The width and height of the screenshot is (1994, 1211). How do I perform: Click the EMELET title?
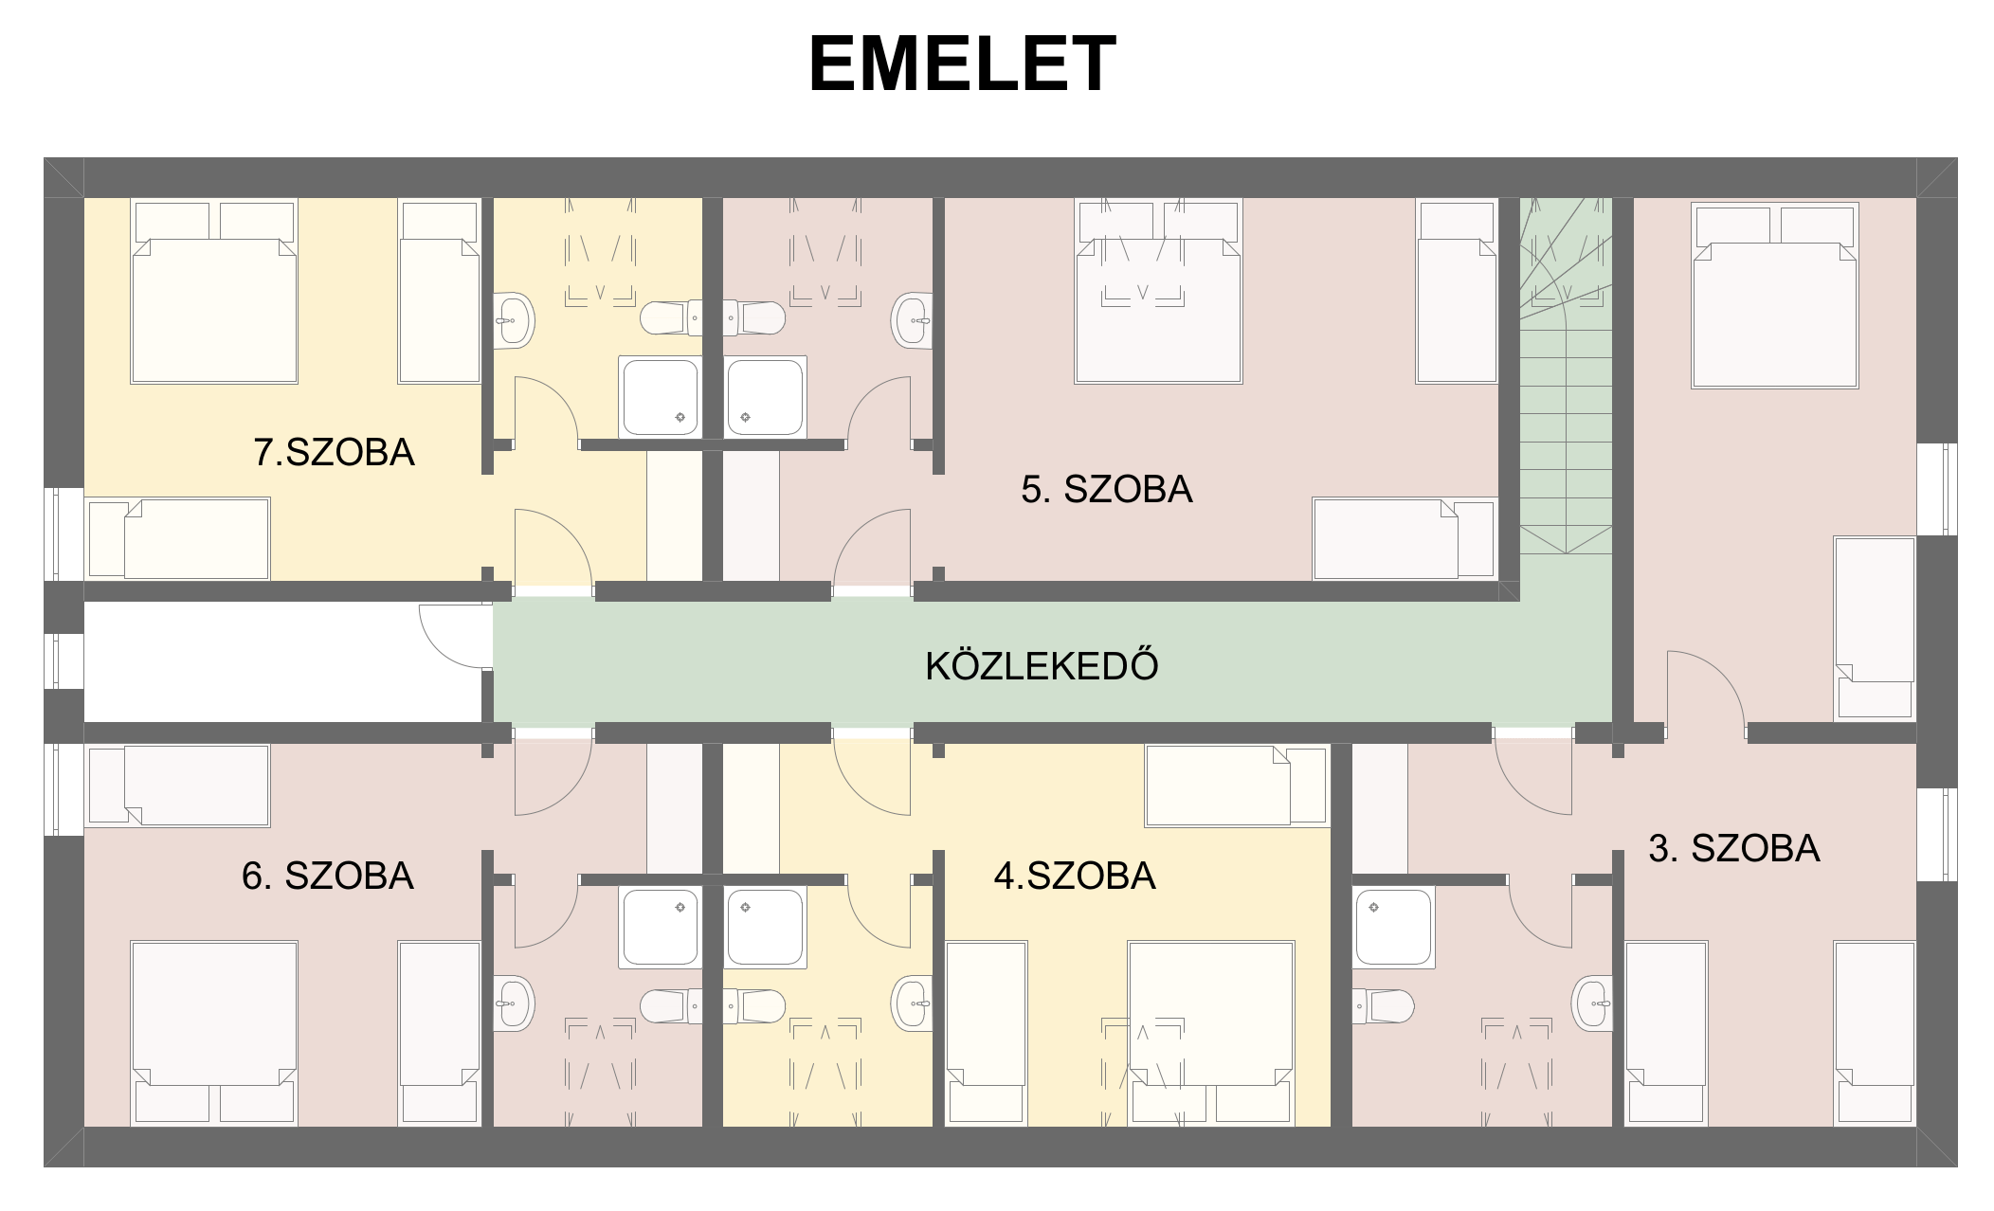pyautogui.click(x=963, y=63)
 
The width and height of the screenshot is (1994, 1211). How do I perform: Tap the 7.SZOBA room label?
pyautogui.click(x=334, y=452)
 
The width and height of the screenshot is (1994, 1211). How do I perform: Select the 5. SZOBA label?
pyautogui.click(x=1106, y=489)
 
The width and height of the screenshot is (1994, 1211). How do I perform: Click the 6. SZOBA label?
pyautogui.click(x=328, y=876)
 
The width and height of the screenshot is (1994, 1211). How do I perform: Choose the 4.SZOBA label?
pyautogui.click(x=1075, y=876)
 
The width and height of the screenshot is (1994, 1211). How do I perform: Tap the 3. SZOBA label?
pyautogui.click(x=1734, y=848)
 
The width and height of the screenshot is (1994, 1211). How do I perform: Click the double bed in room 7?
pyautogui.click(x=214, y=291)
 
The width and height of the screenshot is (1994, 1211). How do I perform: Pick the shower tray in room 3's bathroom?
pyautogui.click(x=1393, y=927)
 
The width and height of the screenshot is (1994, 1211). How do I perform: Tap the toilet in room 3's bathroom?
pyautogui.click(x=1384, y=1006)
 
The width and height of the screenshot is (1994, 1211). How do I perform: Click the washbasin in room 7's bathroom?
pyautogui.click(x=515, y=320)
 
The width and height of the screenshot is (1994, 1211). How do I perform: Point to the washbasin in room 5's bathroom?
pyautogui.click(x=912, y=320)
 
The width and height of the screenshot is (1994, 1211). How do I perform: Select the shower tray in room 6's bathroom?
pyautogui.click(x=661, y=927)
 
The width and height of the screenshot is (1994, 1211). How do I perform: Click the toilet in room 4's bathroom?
pyautogui.click(x=754, y=1006)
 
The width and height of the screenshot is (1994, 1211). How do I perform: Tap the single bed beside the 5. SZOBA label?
pyautogui.click(x=1405, y=538)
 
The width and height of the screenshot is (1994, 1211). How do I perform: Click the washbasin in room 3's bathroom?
pyautogui.click(x=1592, y=1003)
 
